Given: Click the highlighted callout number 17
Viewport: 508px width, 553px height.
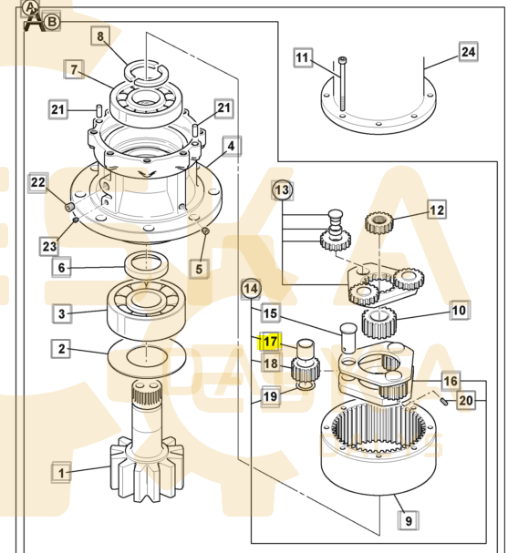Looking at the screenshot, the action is (x=270, y=341).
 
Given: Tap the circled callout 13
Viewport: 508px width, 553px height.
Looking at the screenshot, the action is (x=283, y=190).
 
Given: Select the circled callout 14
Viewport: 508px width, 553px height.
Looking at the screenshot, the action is (x=251, y=289).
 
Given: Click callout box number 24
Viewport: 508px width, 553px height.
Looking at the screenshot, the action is (x=469, y=52).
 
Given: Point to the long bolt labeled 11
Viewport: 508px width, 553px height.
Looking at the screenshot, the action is (x=342, y=84).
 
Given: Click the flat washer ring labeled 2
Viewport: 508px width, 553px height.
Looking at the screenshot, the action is (x=146, y=356).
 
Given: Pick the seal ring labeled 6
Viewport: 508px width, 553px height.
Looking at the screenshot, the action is (x=146, y=266).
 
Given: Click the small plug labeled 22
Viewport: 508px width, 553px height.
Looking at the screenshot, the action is (x=69, y=207).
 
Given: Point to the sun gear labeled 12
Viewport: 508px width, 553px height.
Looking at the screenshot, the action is (x=378, y=223).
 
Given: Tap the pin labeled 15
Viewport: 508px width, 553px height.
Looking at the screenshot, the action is (x=348, y=338).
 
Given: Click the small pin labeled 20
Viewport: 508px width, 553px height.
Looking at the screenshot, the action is (x=444, y=401).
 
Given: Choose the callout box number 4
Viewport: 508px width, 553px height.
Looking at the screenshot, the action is (x=232, y=146).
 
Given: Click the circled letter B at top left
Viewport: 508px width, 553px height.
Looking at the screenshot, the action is (x=52, y=22).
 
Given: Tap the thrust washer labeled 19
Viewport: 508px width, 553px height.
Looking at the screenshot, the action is (x=306, y=387).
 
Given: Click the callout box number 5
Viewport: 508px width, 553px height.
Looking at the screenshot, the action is (x=199, y=269).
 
